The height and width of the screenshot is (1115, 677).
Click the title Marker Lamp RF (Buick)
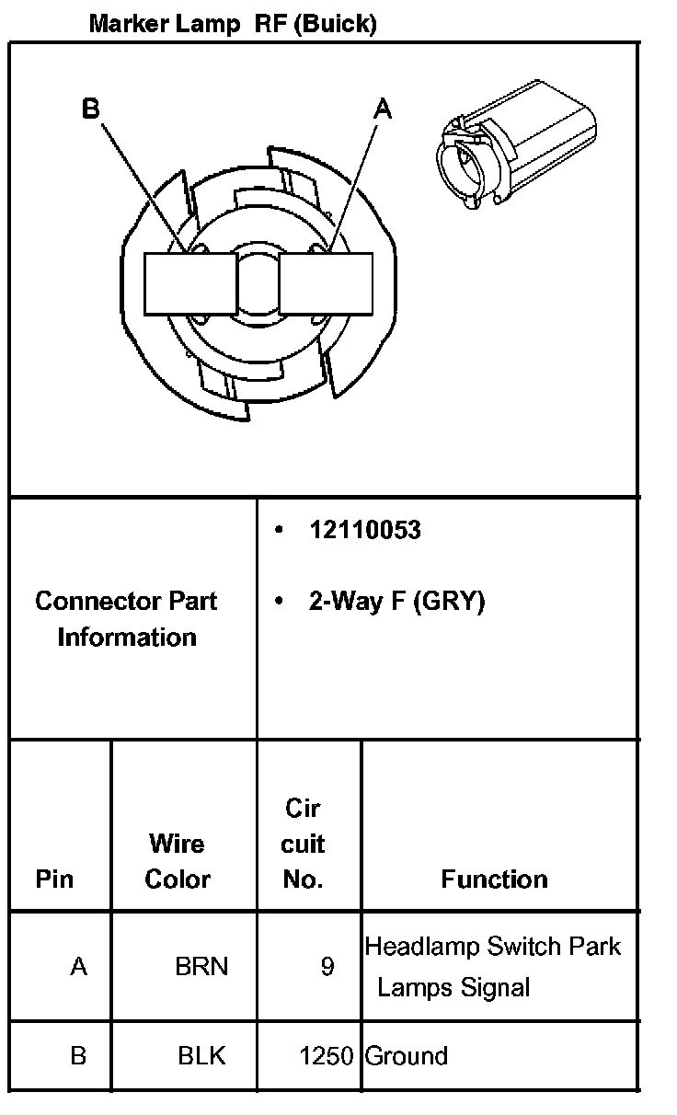pyautogui.click(x=233, y=25)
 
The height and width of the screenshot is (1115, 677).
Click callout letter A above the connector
pyautogui.click(x=383, y=109)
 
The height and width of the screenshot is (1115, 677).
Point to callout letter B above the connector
pyautogui.click(x=90, y=109)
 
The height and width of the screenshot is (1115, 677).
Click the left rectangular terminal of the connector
pyautogui.click(x=189, y=283)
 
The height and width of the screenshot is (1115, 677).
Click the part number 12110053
pyautogui.click(x=365, y=531)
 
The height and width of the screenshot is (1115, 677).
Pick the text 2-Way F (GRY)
pyautogui.click(x=396, y=602)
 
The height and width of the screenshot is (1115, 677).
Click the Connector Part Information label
pyautogui.click(x=127, y=619)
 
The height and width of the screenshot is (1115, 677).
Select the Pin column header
pyautogui.click(x=54, y=879)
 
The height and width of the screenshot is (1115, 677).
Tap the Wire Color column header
pyautogui.click(x=178, y=861)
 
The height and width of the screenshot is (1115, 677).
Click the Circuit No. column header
pyautogui.click(x=304, y=844)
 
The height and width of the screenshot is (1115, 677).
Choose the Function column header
pyautogui.click(x=494, y=879)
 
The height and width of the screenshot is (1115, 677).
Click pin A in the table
pyautogui.click(x=79, y=967)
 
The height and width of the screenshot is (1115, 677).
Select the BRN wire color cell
pyautogui.click(x=201, y=967)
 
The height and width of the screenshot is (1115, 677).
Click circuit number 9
pyautogui.click(x=327, y=967)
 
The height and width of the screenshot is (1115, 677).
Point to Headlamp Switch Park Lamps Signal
pyautogui.click(x=493, y=967)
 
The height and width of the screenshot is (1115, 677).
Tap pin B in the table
pyautogui.click(x=78, y=1055)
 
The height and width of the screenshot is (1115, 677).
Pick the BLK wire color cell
pyautogui.click(x=201, y=1055)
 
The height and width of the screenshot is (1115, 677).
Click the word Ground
pyautogui.click(x=407, y=1055)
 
